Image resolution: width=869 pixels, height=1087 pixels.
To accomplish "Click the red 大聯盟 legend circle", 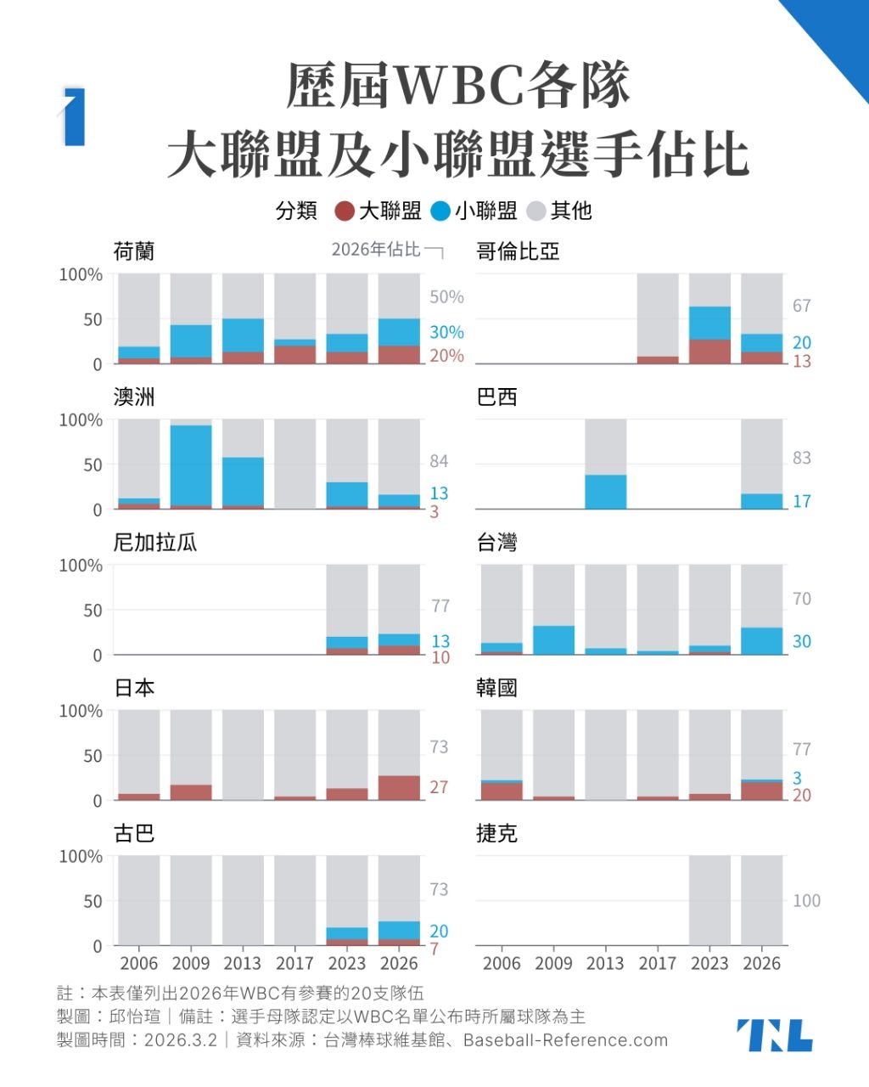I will pos(345,211).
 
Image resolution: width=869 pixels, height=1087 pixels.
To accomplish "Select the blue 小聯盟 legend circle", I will pos(440,211).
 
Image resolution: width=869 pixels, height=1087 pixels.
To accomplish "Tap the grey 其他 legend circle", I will pos(536,211).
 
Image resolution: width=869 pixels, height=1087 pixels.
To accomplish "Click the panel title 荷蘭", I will pos(134,251).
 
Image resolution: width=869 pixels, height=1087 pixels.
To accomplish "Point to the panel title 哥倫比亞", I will pos(518,251).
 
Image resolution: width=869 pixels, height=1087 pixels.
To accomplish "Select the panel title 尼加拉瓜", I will pos(155,543).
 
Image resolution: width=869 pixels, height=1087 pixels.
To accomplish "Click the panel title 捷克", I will pos(496,833).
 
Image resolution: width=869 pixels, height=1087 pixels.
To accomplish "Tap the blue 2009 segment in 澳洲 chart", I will pos(191,465).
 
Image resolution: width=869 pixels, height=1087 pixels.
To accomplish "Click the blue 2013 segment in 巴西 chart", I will pos(605,492).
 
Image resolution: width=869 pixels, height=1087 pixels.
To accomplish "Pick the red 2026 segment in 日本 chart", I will pos(399,787).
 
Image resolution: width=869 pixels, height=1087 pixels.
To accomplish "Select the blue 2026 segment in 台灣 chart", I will pos(761,641).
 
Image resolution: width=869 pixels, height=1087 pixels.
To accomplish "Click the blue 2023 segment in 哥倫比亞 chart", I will pos(709,324).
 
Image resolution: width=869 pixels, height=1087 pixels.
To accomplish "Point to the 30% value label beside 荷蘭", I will pos(446,332).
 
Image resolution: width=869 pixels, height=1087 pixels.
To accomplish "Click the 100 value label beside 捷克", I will pos(806,900).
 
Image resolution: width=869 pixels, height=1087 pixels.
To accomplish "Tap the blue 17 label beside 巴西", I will pos(802,501).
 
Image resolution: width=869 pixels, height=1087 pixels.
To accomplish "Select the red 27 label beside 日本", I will pos(439,787).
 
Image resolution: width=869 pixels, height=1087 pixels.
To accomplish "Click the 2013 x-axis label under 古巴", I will pos(243,964).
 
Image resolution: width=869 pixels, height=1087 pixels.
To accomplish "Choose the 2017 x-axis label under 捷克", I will pos(658,964).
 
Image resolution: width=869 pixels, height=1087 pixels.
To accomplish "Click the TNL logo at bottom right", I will pos(774,1035).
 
